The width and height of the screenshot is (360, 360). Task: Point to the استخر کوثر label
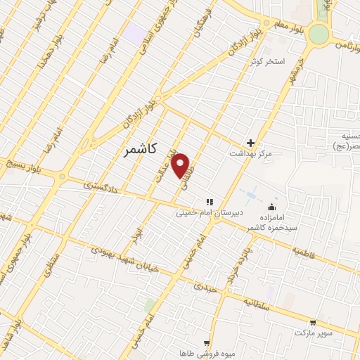click(268, 62)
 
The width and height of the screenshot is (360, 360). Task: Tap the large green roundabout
click(319, 33)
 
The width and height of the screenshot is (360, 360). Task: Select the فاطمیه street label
click(307, 252)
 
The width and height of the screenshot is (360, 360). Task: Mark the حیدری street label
click(206, 288)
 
